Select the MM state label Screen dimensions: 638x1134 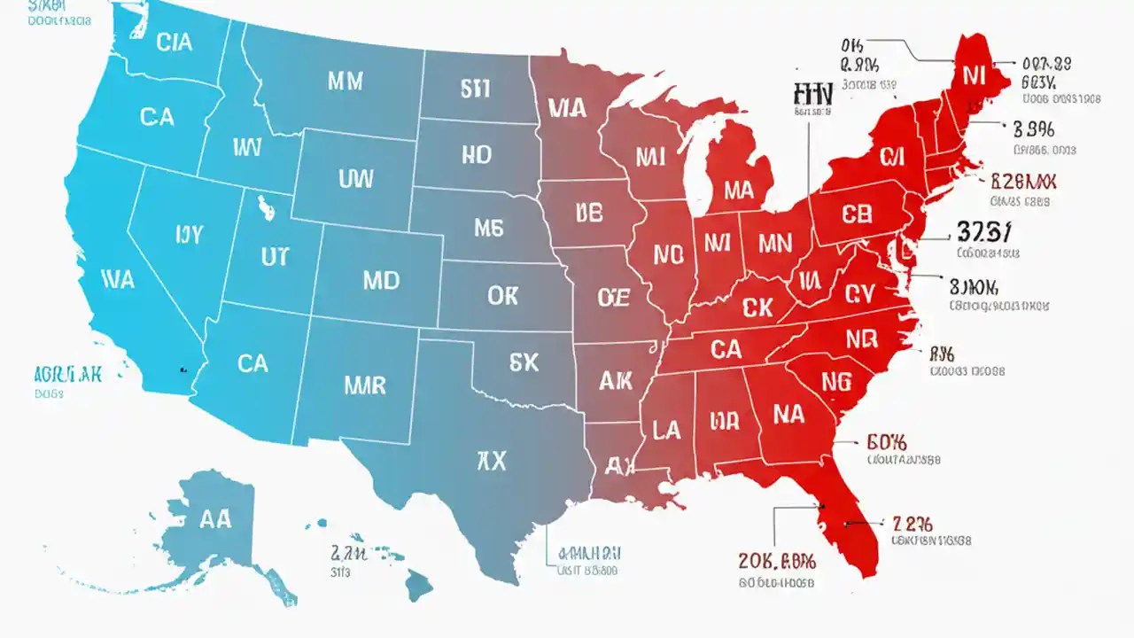(x=345, y=82)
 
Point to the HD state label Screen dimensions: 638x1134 (x=476, y=155)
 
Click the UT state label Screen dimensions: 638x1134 (x=274, y=257)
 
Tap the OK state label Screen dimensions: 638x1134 (x=502, y=295)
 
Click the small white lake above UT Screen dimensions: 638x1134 (x=264, y=208)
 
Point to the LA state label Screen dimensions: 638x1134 (x=665, y=431)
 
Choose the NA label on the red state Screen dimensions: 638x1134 (x=788, y=414)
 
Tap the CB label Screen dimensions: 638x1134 (x=857, y=213)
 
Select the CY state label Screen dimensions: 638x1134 (x=858, y=293)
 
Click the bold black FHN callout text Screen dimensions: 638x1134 (x=813, y=95)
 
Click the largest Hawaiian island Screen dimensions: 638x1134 (x=418, y=584)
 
